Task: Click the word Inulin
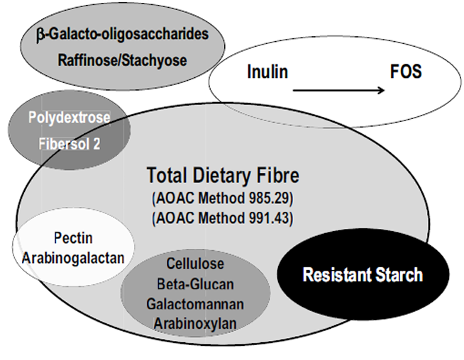(x=267, y=73)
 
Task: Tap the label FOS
(x=406, y=73)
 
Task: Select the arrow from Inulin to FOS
(x=339, y=90)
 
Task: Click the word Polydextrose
(x=69, y=118)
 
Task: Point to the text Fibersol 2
(x=70, y=142)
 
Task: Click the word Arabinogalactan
(x=73, y=257)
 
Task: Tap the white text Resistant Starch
(x=363, y=275)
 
